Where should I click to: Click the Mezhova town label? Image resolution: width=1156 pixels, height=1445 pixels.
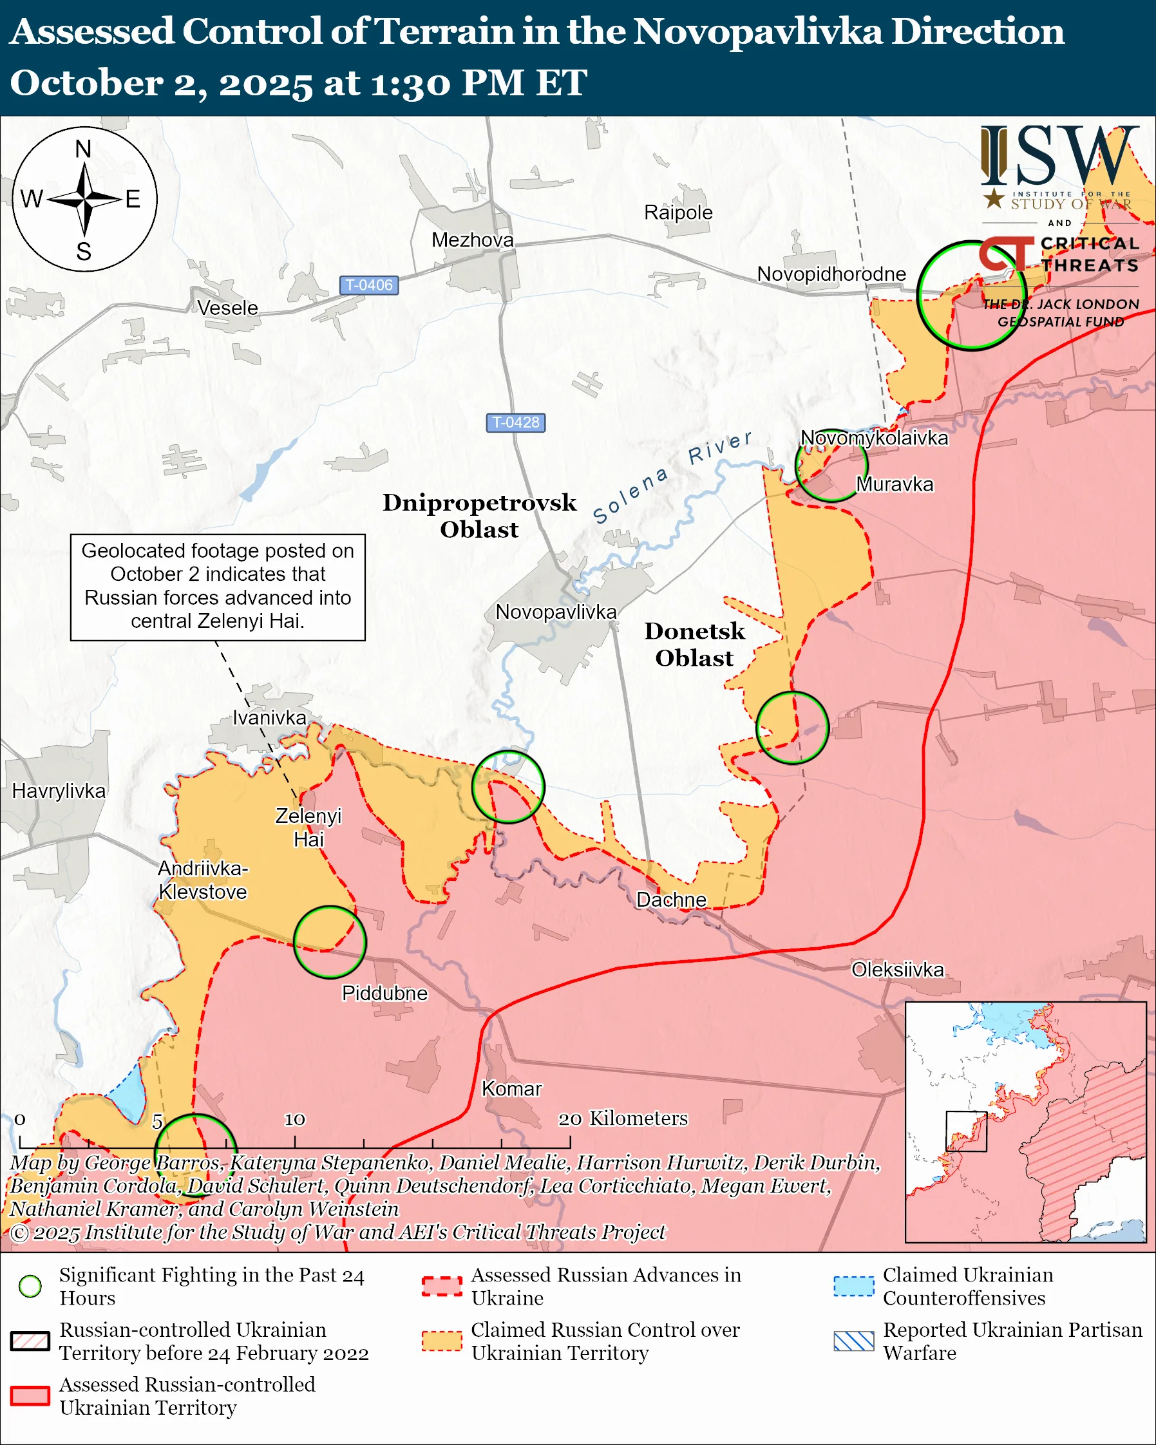click(473, 240)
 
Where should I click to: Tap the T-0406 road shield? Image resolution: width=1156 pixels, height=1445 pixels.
click(368, 285)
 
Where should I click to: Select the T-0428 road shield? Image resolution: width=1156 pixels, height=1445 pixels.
click(515, 422)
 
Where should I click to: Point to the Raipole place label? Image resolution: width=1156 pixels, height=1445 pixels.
click(678, 212)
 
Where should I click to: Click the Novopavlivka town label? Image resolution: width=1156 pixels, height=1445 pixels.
click(556, 612)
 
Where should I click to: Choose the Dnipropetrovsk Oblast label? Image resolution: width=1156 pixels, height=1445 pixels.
click(479, 515)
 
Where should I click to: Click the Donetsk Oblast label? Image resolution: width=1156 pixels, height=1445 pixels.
click(694, 644)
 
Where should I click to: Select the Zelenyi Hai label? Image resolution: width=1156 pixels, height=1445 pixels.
click(308, 827)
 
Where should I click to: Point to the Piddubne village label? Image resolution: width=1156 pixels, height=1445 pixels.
click(384, 992)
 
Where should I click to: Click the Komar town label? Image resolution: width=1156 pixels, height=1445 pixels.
click(511, 1088)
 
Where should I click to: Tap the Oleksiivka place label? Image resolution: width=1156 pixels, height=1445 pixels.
click(897, 969)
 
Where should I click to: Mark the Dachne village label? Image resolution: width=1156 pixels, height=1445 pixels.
click(671, 900)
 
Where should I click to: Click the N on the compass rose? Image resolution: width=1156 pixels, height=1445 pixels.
click(83, 149)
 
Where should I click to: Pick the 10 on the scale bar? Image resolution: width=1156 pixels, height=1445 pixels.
click(294, 1119)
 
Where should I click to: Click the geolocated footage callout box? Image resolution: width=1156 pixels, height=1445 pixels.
click(218, 587)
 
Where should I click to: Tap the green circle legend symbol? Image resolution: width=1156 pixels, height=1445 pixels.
click(30, 1286)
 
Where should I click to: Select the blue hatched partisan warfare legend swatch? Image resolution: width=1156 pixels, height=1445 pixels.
click(854, 1341)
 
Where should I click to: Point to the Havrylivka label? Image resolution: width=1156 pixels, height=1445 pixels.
click(59, 791)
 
